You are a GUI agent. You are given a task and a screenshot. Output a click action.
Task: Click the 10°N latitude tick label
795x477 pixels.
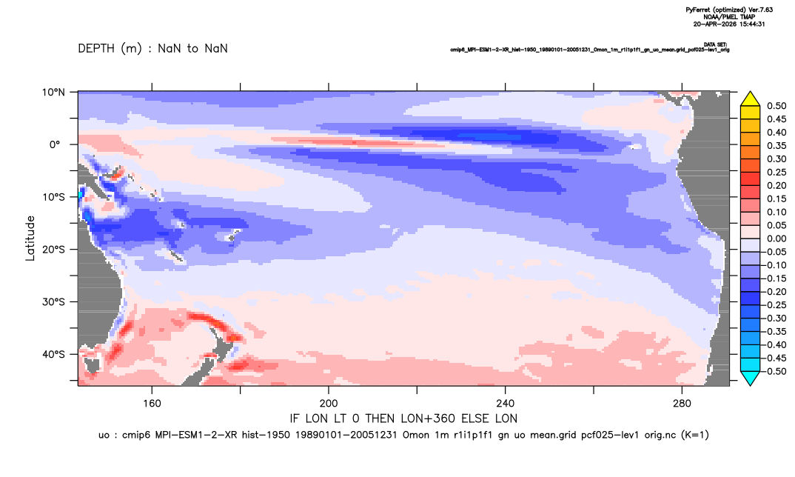click(x=53, y=93)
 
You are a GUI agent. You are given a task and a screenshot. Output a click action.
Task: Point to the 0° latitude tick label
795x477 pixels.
click(x=55, y=144)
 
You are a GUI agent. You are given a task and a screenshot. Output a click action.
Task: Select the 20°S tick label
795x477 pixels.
click(x=53, y=250)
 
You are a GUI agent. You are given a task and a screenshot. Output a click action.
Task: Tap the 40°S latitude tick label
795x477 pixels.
click(x=53, y=354)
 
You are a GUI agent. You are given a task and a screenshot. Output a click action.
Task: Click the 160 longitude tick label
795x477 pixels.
click(x=152, y=404)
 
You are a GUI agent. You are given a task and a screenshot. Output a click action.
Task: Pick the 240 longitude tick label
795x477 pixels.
click(x=505, y=404)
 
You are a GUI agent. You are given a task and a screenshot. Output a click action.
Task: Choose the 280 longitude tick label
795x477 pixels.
click(x=682, y=404)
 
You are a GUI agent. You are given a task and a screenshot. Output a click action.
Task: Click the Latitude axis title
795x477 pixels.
click(x=30, y=238)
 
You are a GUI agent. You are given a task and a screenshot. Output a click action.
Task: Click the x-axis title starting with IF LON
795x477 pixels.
click(x=403, y=418)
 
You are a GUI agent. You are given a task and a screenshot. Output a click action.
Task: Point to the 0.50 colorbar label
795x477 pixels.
click(x=776, y=106)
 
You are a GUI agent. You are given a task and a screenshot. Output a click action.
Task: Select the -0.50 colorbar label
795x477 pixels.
click(x=775, y=371)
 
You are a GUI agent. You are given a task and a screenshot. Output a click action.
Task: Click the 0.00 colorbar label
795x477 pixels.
click(x=776, y=239)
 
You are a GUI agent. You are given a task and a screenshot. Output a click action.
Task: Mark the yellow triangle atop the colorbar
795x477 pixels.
click(x=750, y=99)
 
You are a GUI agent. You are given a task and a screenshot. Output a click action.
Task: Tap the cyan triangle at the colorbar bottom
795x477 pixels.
click(x=750, y=378)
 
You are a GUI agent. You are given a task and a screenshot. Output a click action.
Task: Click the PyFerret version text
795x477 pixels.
click(x=729, y=10)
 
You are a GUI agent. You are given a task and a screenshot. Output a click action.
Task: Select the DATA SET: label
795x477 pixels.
click(x=716, y=44)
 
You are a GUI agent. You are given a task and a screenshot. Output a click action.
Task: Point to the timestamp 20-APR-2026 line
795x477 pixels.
click(x=729, y=24)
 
